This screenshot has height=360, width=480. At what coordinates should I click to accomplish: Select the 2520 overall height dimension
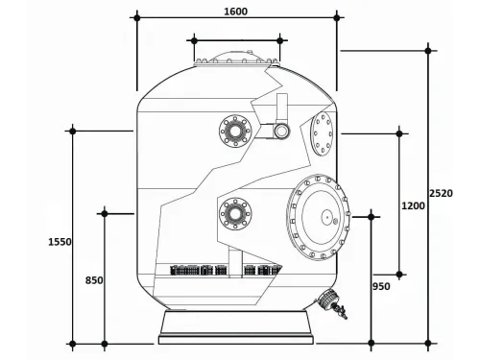pos(441,194)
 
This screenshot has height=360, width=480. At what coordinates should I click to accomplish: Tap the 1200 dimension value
pos(413,205)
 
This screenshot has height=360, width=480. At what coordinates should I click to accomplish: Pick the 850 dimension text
pos(93,280)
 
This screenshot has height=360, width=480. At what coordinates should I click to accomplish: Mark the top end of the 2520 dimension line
pos(429,47)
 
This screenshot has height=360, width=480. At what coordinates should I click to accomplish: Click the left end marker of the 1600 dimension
pos(137,16)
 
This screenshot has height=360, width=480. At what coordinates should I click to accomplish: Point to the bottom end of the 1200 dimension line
pos(400,275)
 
